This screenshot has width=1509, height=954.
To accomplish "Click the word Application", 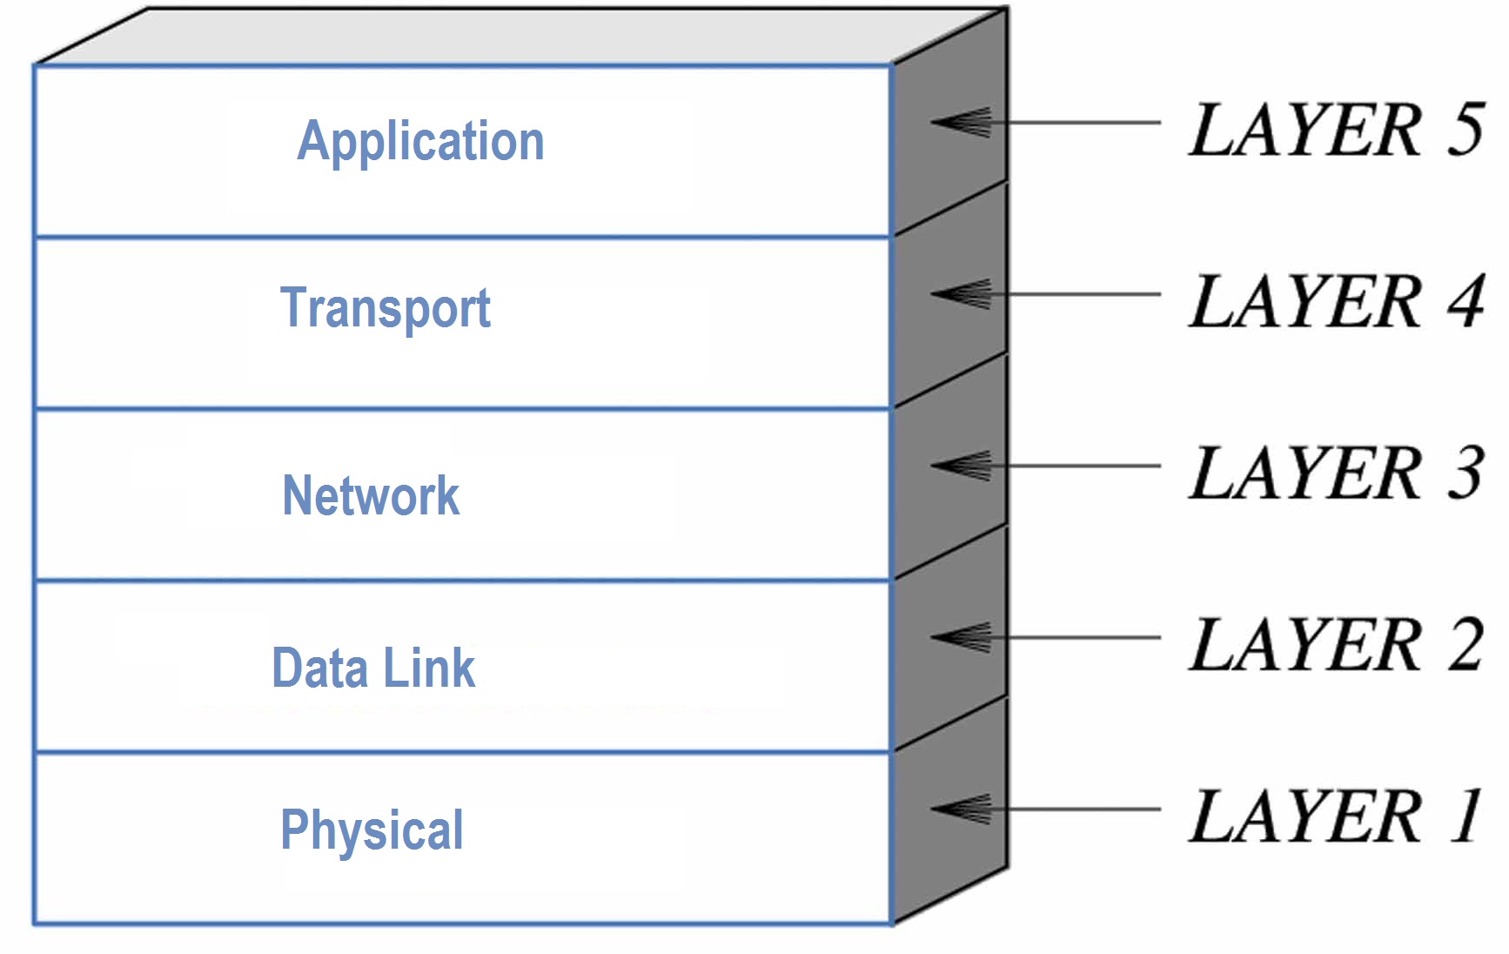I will click(420, 141).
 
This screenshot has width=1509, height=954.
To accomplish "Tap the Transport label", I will click(385, 308).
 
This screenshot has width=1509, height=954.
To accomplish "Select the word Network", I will click(371, 495).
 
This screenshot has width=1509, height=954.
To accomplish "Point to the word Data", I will click(319, 668).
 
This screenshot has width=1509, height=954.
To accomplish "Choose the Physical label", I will click(372, 830).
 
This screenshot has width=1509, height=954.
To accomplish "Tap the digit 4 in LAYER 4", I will click(1465, 301).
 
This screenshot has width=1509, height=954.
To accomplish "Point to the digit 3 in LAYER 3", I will click(1465, 473).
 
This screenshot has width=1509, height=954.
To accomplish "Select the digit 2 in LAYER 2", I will click(1465, 644).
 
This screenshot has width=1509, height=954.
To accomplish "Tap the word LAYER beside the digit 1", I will click(1305, 816).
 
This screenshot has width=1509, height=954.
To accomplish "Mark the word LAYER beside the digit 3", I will click(1305, 473).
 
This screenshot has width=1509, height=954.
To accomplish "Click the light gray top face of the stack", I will click(522, 37).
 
